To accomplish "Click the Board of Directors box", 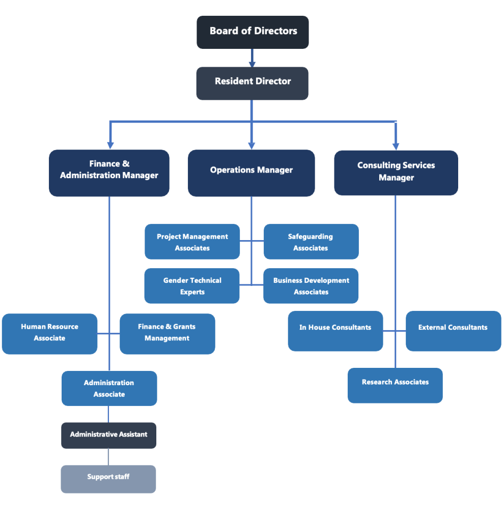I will [253, 32].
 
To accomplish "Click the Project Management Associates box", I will [192, 242].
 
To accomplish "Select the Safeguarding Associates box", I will [311, 242].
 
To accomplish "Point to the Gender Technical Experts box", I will [192, 286].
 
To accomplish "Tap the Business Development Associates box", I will [311, 286].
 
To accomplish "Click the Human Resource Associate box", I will [49, 334].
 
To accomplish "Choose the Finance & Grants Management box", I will [167, 334].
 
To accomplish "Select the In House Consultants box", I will [335, 331].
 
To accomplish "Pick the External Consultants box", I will [453, 331].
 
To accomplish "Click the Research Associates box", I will [395, 385].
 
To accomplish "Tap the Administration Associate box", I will [109, 388].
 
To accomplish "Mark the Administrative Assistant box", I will [108, 436].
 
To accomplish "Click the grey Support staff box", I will [108, 479].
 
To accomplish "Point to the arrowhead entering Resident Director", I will [252, 64].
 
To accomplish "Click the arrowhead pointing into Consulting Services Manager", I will [396, 146].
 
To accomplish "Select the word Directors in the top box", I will [277, 31].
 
